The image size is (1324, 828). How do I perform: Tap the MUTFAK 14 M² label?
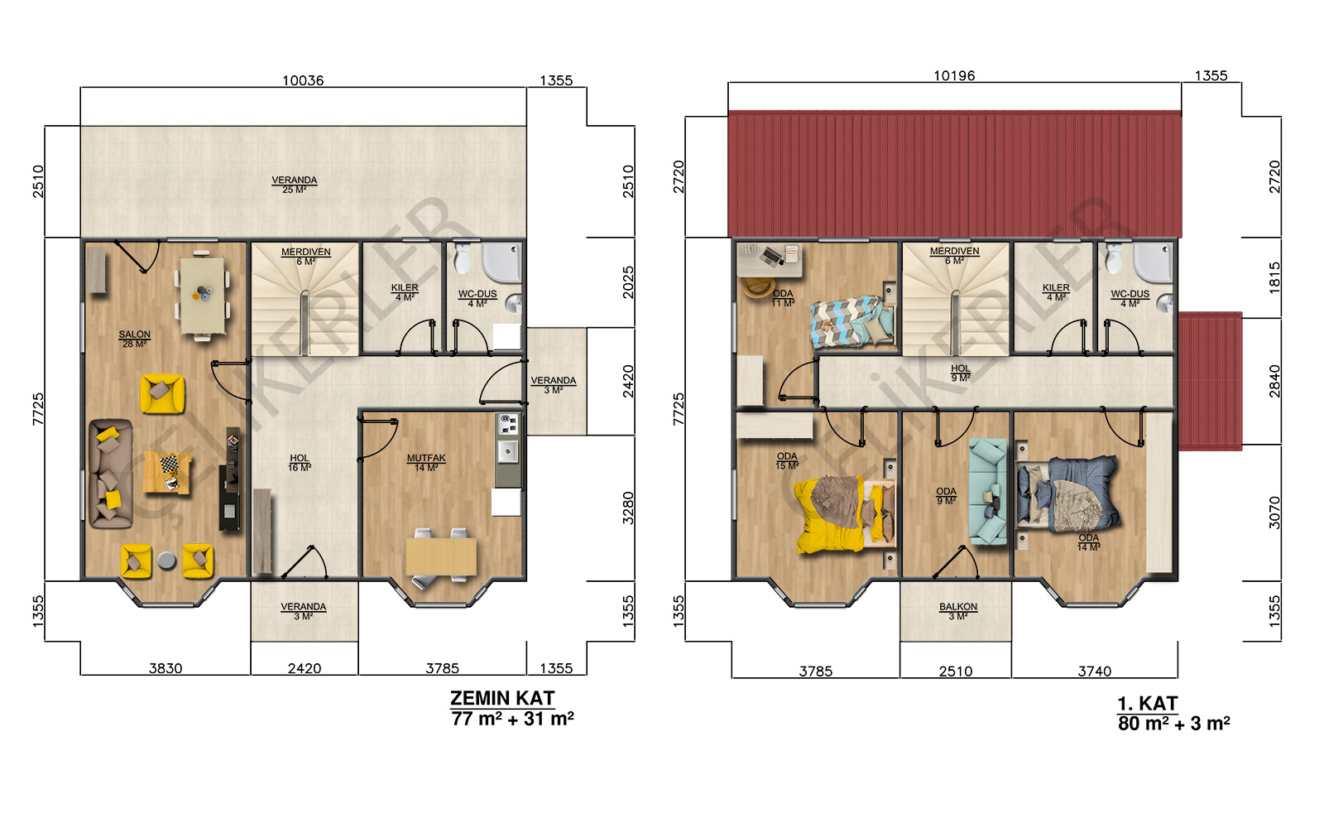[x=426, y=463]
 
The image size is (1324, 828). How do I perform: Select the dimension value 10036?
[x=303, y=80]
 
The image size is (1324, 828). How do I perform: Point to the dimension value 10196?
[x=954, y=75]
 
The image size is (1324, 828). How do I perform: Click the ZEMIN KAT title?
[x=502, y=699]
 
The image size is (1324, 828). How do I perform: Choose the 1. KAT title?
[x=1147, y=704]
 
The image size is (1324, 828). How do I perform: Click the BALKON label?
[x=958, y=607]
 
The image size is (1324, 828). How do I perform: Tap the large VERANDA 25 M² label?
[x=295, y=185]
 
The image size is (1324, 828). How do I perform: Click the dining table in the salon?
[x=202, y=295]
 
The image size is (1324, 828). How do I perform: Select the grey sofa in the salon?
[x=110, y=473]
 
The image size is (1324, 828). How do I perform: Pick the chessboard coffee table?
[x=168, y=472]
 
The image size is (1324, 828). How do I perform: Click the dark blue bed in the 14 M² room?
[x=1068, y=496]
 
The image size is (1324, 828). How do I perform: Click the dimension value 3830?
[x=165, y=668]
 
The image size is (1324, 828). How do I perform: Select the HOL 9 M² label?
[x=961, y=373]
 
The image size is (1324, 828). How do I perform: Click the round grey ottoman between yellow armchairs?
[x=166, y=560]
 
